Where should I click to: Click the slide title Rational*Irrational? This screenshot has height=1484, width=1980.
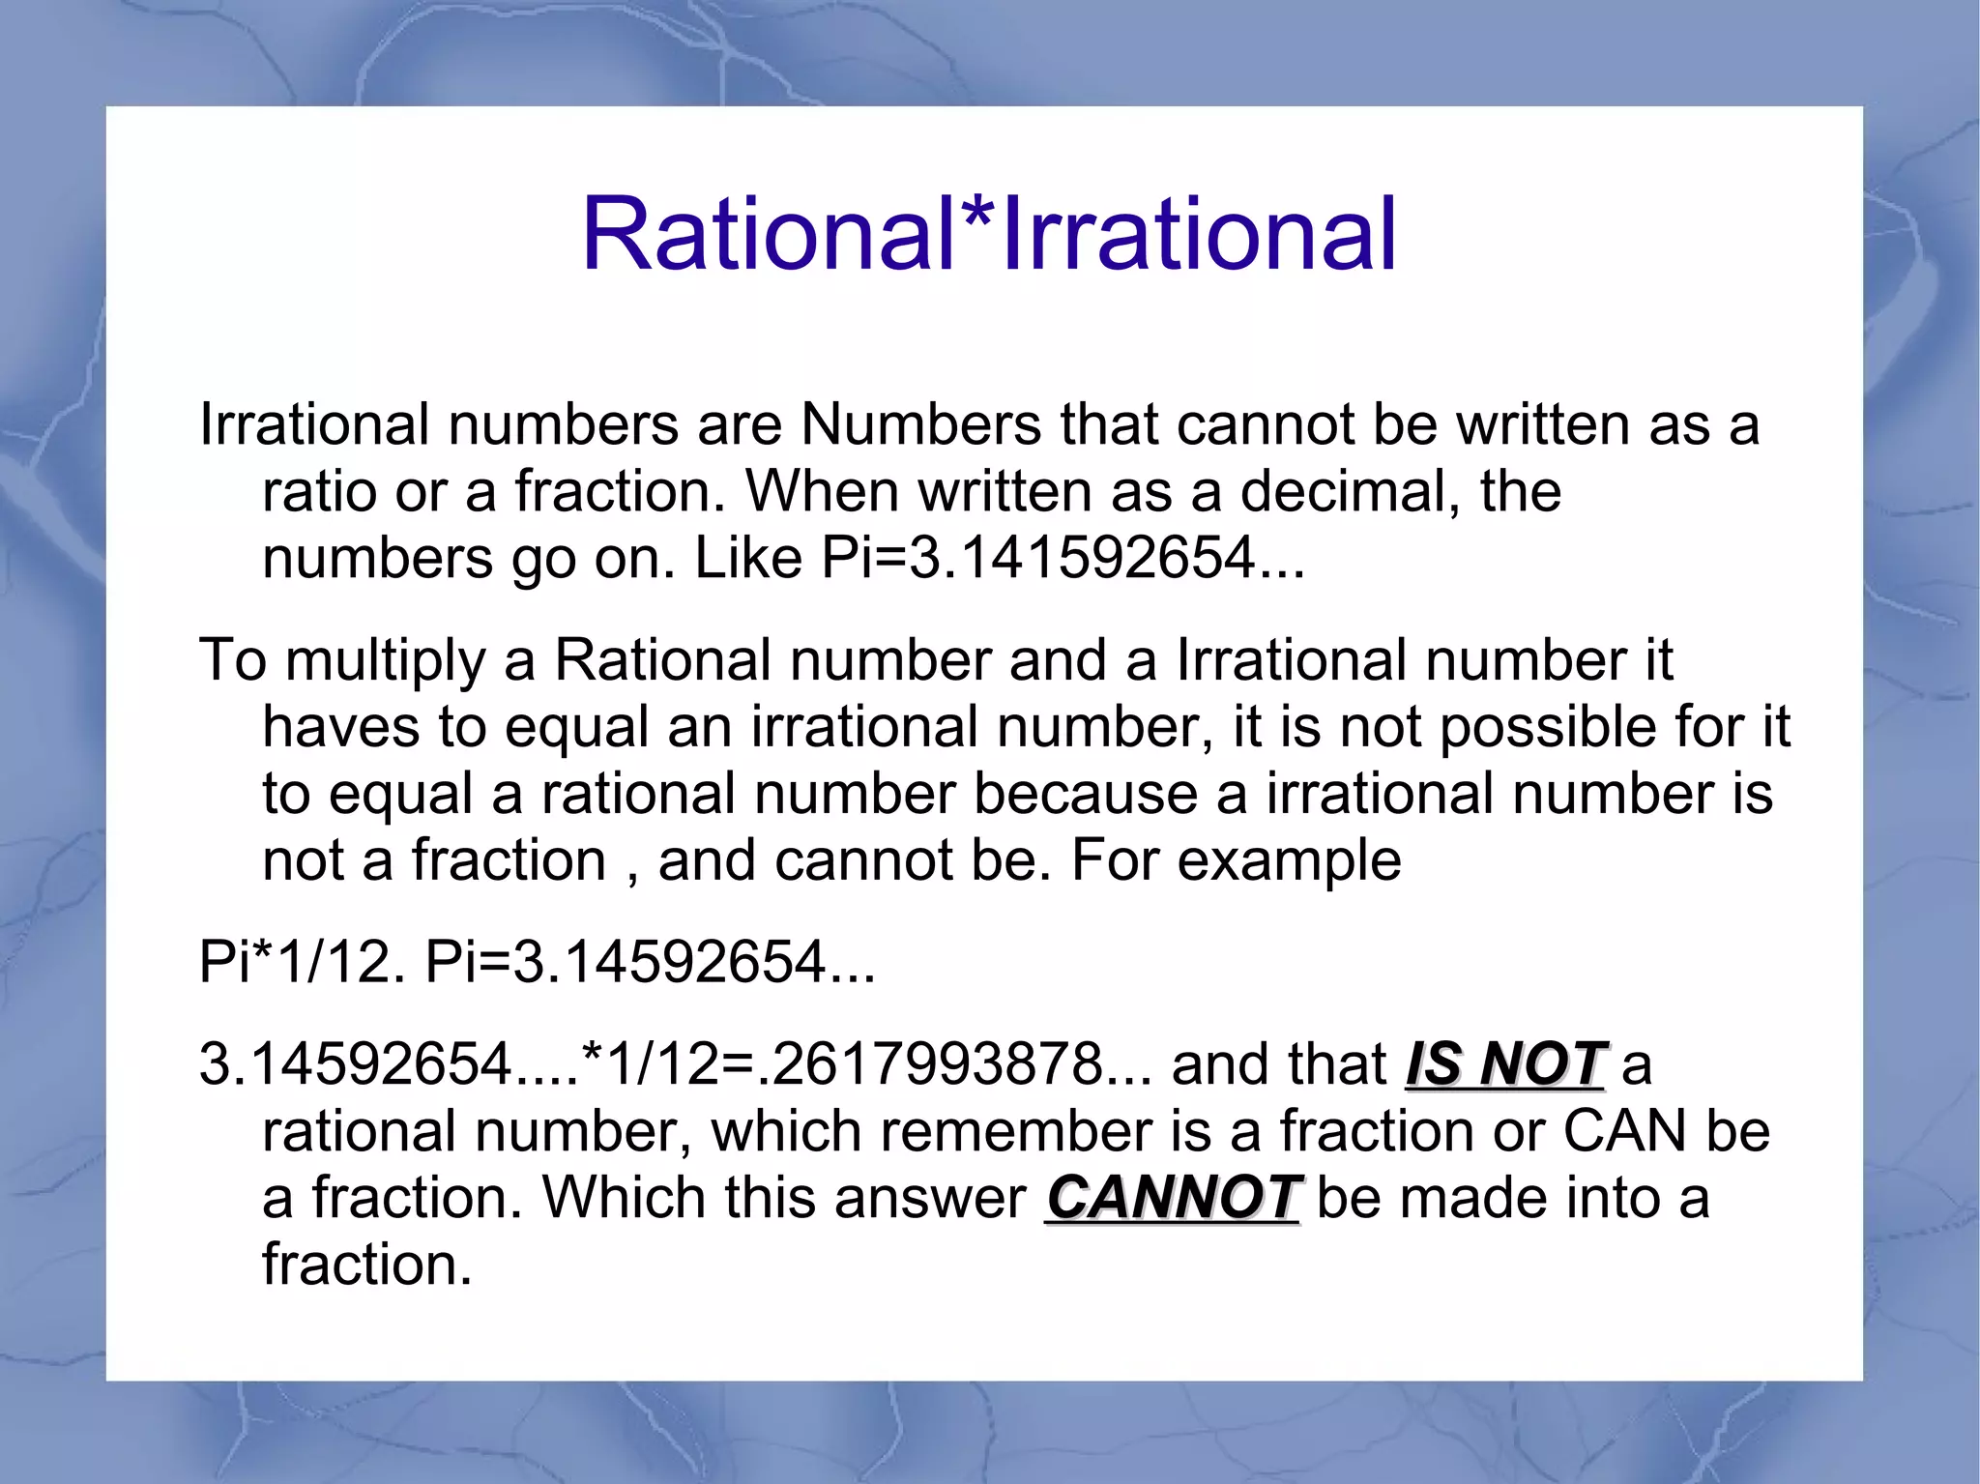click(x=989, y=234)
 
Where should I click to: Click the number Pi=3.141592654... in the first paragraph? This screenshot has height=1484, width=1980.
click(x=1063, y=558)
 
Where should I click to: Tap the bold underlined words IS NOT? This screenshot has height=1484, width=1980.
click(x=1504, y=1064)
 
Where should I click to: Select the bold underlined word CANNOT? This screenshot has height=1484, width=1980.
click(x=1173, y=1198)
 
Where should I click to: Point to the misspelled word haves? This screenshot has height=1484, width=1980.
click(x=341, y=726)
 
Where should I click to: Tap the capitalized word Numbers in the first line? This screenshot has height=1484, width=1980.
click(x=919, y=424)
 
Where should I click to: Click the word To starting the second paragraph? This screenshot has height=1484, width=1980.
click(x=232, y=661)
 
